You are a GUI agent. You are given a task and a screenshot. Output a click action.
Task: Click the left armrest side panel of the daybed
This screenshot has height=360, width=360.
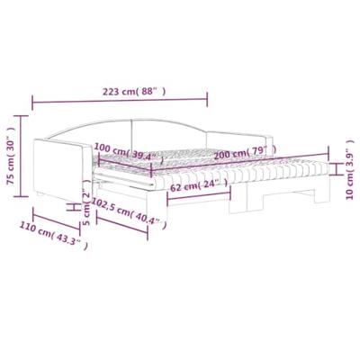click(61, 171)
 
